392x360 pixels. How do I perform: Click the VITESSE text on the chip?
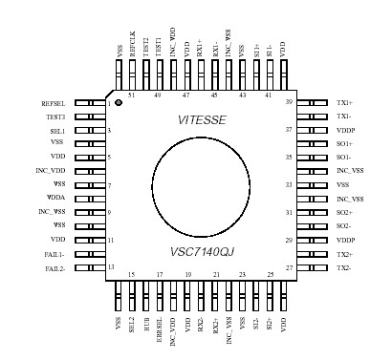202,119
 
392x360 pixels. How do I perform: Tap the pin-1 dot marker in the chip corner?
119,101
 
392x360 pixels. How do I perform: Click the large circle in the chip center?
202,183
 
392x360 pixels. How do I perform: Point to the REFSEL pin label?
54,101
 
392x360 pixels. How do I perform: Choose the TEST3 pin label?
55,116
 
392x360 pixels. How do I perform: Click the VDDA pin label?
57,199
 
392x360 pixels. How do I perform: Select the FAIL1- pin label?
54,255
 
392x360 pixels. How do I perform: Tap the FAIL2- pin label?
54,268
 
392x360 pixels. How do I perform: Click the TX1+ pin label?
345,101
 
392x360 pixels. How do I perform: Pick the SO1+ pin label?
346,143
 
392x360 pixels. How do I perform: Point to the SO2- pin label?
345,226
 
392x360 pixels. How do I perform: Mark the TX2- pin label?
345,268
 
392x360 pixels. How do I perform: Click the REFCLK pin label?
132,59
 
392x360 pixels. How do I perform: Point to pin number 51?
131,95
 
